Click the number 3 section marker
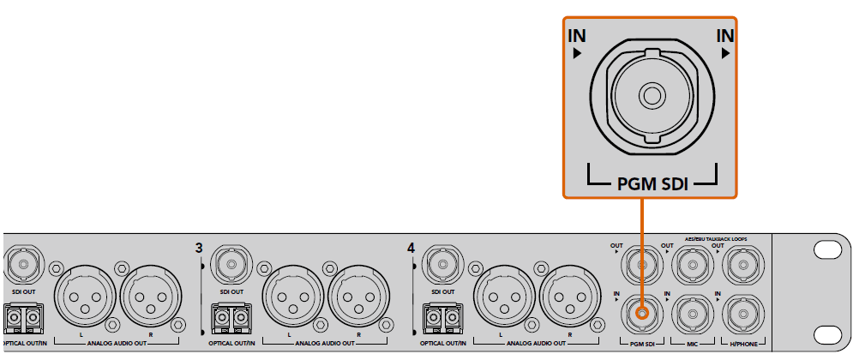(199, 248)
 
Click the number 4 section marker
(411, 248)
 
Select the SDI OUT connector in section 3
(231, 262)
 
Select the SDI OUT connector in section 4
(442, 262)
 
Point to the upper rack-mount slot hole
(827, 249)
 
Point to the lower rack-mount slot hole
(827, 333)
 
